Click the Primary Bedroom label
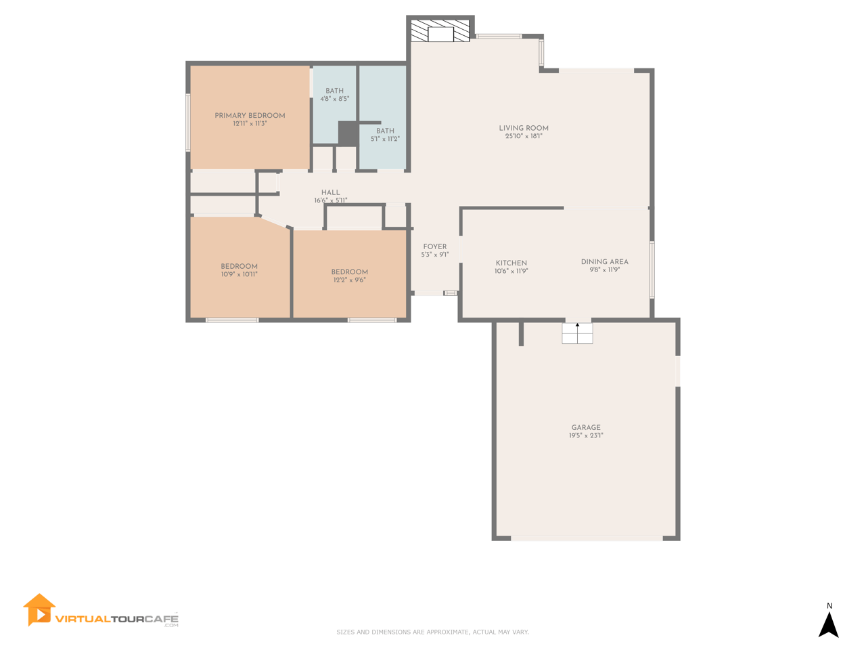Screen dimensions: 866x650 click(250, 116)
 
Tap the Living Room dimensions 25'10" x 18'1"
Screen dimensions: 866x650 click(524, 136)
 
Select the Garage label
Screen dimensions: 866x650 click(586, 427)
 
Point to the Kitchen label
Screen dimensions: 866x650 click(511, 263)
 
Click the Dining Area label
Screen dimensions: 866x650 click(604, 261)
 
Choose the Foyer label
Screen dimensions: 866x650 click(435, 246)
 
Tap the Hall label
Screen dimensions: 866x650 click(331, 192)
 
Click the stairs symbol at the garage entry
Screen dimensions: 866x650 click(577, 334)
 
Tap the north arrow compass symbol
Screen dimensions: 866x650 click(829, 625)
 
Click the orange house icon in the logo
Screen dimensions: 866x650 click(39, 610)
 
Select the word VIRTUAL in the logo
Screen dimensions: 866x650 click(82, 619)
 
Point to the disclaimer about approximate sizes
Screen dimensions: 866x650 click(432, 632)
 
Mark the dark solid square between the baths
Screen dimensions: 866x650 click(348, 133)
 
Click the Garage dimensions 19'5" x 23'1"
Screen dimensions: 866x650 click(586, 435)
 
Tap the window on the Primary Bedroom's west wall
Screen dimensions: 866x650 click(188, 123)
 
